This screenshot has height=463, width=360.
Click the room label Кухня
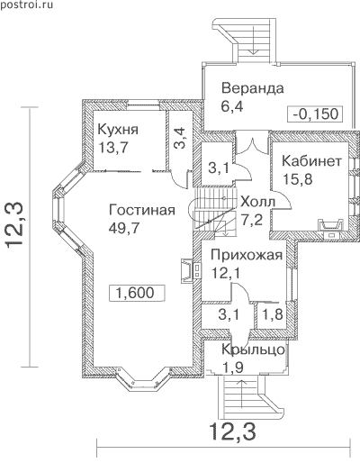(x=118, y=130)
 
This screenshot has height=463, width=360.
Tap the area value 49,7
(x=124, y=228)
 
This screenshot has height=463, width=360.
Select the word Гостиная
(x=142, y=210)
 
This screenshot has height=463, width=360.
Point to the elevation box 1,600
(x=137, y=293)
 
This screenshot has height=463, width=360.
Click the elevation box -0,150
(x=315, y=113)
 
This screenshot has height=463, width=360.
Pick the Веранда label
(x=253, y=88)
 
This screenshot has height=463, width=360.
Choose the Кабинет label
(x=311, y=161)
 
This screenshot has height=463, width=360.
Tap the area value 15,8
(x=298, y=179)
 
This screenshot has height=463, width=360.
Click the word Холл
(x=258, y=202)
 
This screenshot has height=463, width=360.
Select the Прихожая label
(x=247, y=255)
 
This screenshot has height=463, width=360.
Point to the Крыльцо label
(x=253, y=350)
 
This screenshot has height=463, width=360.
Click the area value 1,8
(x=273, y=314)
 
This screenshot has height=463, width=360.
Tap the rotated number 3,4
(x=180, y=138)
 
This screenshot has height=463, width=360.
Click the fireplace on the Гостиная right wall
(x=190, y=270)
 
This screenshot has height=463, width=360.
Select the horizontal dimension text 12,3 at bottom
(x=233, y=431)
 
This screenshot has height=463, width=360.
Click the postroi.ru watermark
(x=27, y=5)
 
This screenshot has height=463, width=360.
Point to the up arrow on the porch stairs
(x=242, y=394)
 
